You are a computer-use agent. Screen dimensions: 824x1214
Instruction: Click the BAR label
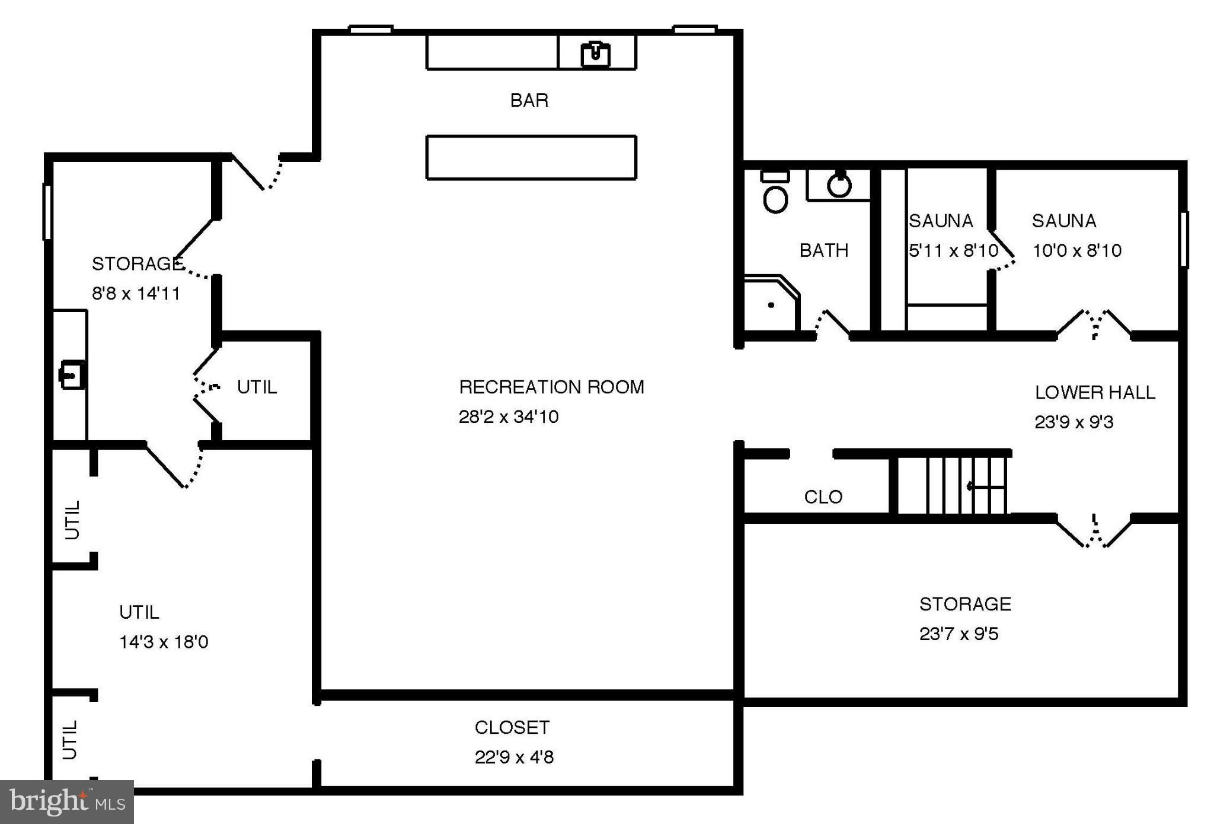[x=529, y=100]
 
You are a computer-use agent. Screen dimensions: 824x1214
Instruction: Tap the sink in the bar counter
[x=595, y=54]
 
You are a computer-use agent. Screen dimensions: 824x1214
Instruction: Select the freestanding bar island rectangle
[x=531, y=157]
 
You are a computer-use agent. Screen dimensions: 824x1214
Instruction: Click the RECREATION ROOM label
[x=551, y=387]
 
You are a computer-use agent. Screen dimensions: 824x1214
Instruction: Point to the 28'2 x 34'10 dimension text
[x=508, y=416]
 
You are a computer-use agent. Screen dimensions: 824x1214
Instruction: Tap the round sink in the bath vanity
[x=839, y=185]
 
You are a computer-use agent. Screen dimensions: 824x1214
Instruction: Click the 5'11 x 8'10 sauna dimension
[x=953, y=250]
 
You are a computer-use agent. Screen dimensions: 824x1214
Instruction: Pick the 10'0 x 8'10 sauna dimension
[x=1076, y=250]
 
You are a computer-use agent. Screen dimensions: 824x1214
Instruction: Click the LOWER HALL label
[x=1094, y=392]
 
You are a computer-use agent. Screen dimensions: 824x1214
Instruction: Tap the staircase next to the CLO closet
[x=951, y=485]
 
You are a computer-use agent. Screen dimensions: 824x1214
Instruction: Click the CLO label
[x=823, y=497]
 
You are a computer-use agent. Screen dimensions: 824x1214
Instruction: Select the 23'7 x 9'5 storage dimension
[x=959, y=634]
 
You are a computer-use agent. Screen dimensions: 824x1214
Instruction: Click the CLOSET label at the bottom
[x=512, y=727]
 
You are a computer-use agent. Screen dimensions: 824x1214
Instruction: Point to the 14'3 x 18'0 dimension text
[x=164, y=642]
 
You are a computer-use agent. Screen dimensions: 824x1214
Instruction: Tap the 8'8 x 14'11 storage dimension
[x=136, y=293]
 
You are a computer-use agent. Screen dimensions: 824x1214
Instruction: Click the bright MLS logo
[x=66, y=801]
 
